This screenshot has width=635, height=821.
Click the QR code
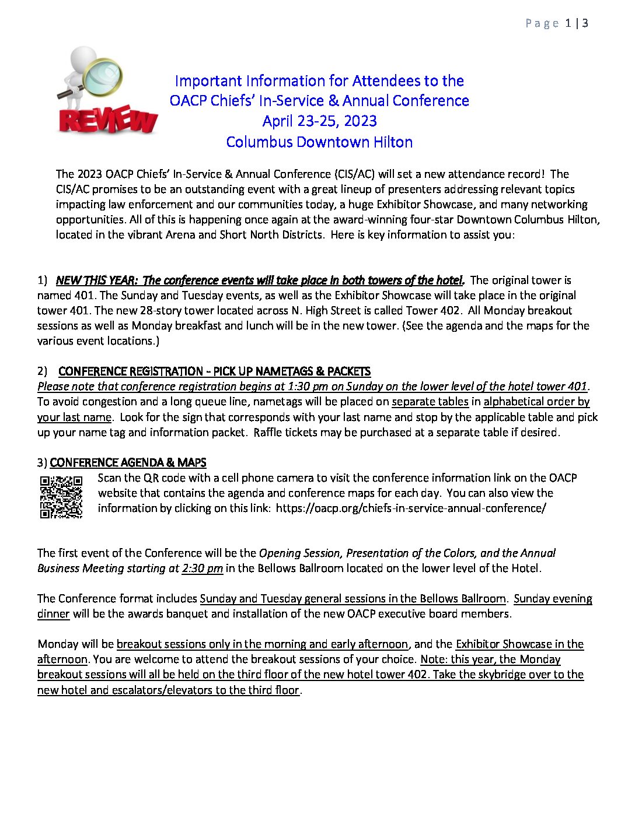coord(61,497)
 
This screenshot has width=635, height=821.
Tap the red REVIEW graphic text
coord(108,121)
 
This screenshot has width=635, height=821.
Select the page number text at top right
coord(557,23)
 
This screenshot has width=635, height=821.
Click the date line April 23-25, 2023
coord(319,121)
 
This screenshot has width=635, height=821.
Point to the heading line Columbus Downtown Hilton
coord(319,142)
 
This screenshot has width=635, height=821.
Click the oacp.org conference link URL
coord(411,508)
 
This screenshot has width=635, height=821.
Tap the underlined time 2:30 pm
coord(202,568)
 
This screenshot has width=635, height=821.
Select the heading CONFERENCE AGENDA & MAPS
coord(128,462)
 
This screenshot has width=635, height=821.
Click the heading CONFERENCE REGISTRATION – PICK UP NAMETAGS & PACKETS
coord(214,371)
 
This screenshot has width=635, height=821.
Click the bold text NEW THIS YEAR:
coord(96,280)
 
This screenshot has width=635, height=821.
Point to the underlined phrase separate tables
coord(430,402)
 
